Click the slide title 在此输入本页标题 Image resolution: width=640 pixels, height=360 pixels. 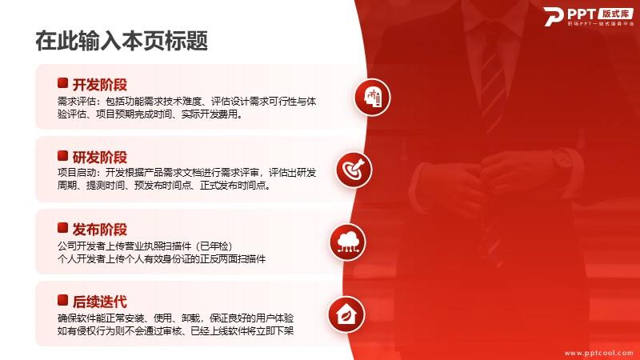pyautogui.click(x=122, y=41)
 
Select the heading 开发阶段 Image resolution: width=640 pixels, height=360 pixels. pyautogui.click(x=99, y=85)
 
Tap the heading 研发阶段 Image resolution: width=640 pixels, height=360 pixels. pyautogui.click(x=99, y=157)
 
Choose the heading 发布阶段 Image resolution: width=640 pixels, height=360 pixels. pyautogui.click(x=99, y=230)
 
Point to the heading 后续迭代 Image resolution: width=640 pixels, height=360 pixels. pyautogui.click(x=99, y=302)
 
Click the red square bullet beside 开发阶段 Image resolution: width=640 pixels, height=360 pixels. pyautogui.click(x=62, y=83)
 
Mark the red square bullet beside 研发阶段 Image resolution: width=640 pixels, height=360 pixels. pyautogui.click(x=62, y=155)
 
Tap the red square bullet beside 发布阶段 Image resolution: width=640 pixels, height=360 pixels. pyautogui.click(x=62, y=228)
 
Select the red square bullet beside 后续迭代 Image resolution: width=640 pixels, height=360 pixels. pyautogui.click(x=62, y=301)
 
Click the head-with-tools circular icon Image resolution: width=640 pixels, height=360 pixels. pyautogui.click(x=372, y=97)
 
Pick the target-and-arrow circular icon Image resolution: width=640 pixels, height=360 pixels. pyautogui.click(x=354, y=170)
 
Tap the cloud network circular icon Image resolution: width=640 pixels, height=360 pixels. pyautogui.click(x=348, y=242)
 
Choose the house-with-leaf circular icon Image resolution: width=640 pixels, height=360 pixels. pyautogui.click(x=346, y=314)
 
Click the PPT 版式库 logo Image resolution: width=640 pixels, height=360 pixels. pyautogui.click(x=589, y=16)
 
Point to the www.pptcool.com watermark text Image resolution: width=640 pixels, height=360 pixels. pyautogui.click(x=598, y=353)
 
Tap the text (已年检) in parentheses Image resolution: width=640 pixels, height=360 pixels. pyautogui.click(x=214, y=246)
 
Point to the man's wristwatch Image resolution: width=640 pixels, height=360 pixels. pyautogui.click(x=566, y=158)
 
